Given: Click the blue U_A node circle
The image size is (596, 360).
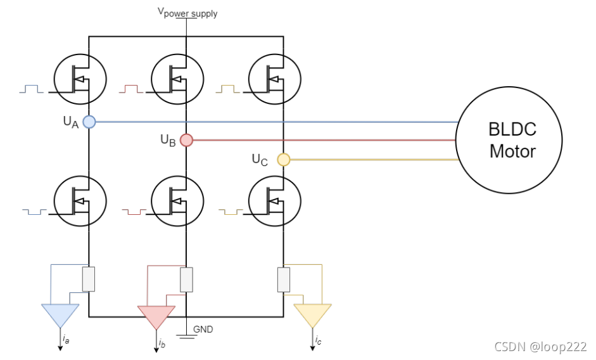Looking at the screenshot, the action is click(x=89, y=122).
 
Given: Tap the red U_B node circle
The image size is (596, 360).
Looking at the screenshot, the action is click(x=186, y=140).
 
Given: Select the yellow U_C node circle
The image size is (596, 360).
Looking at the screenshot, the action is click(x=284, y=160).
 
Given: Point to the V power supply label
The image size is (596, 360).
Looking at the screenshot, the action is click(x=187, y=13).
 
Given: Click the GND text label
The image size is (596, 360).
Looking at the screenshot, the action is click(x=203, y=329).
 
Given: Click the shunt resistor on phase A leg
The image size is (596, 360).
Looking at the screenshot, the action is click(x=89, y=280).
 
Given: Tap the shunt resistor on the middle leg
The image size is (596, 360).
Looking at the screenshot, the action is click(x=186, y=280).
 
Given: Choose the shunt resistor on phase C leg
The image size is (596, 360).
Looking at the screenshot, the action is click(x=284, y=280).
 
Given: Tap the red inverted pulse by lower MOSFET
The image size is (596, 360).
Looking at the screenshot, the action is click(x=134, y=211).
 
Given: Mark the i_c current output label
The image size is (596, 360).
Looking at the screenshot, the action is click(x=318, y=340).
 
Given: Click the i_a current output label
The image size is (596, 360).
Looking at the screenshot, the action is click(x=66, y=338).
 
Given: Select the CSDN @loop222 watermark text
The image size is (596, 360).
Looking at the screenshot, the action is click(x=540, y=347).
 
